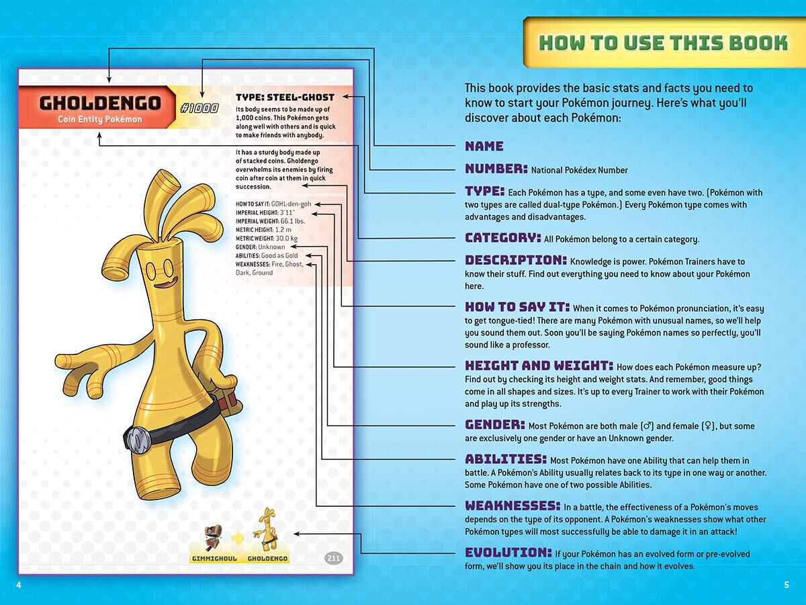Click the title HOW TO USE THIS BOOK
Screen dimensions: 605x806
(663, 43)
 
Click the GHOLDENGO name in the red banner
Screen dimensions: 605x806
(99, 103)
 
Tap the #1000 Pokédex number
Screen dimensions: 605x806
(199, 108)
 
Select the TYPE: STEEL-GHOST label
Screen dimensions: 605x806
(285, 97)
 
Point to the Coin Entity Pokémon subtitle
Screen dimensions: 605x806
(99, 120)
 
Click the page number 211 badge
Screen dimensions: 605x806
(333, 558)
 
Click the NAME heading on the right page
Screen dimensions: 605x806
(484, 146)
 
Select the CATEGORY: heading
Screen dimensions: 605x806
(502, 237)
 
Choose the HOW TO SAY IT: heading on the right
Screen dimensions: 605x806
(517, 307)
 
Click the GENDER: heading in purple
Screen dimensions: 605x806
(495, 425)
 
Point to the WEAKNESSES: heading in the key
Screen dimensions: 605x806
(512, 506)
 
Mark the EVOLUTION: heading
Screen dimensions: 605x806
(508, 553)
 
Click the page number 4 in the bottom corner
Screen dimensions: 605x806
(19, 585)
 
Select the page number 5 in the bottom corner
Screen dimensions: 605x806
(787, 585)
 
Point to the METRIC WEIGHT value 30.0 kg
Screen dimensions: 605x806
(286, 239)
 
